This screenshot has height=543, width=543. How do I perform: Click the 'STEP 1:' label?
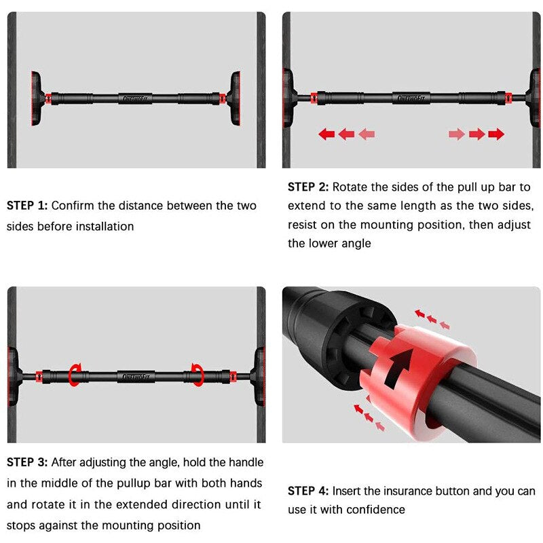click(x=27, y=206)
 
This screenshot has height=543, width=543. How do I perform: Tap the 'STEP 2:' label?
click(x=308, y=187)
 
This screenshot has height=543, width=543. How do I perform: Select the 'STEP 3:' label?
click(x=27, y=462)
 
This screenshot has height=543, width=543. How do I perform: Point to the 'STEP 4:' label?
click(x=308, y=491)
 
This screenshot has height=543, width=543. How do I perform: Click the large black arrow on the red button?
click(x=398, y=368)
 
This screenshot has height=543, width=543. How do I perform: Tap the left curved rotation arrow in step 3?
click(x=75, y=375)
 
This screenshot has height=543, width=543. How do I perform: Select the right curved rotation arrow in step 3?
click(x=198, y=375)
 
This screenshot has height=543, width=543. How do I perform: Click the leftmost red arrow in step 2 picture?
click(x=326, y=134)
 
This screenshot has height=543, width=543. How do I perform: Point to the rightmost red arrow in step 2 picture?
click(x=496, y=134)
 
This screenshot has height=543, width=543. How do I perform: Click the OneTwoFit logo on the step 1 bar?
click(x=135, y=98)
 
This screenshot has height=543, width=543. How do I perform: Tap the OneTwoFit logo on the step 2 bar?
click(x=411, y=98)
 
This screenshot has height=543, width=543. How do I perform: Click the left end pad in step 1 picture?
click(x=37, y=98)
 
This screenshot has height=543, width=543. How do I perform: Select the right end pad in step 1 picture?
click(x=234, y=98)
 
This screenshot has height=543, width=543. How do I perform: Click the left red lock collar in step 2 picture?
click(x=314, y=98)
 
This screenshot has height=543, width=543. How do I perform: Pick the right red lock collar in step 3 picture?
click(x=233, y=377)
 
